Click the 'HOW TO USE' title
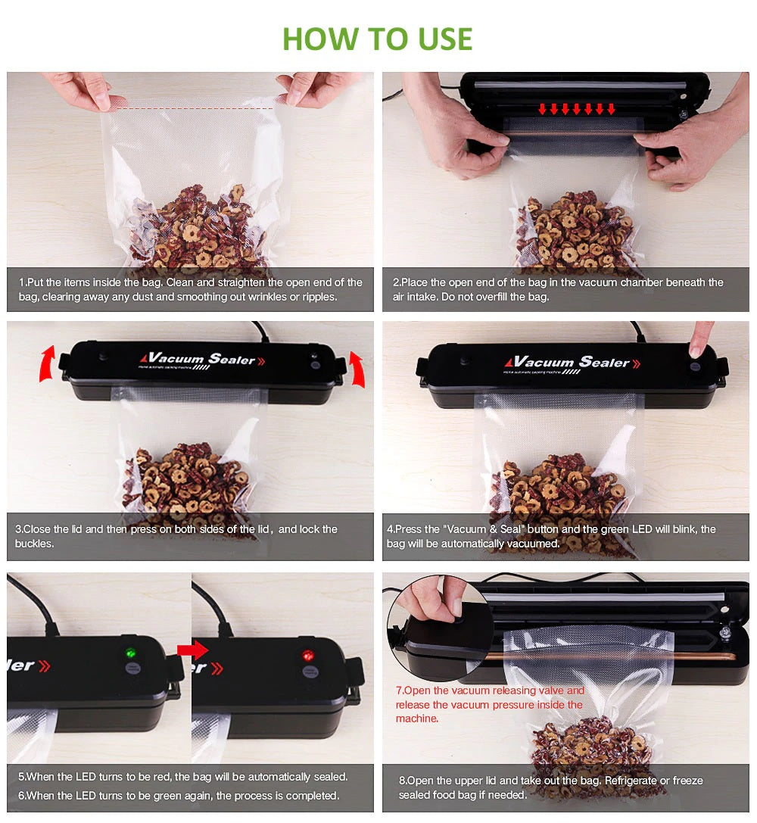pos(377,39)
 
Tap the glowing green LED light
pos(130,653)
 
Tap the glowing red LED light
pos(308,654)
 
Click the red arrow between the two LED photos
pos(192,650)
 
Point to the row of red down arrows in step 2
pos(576,109)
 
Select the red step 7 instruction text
pos(489,704)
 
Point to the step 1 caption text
pos(190,289)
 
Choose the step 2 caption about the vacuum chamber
pos(557,289)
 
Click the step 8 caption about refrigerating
pos(550,787)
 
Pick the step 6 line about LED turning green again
pos(179,796)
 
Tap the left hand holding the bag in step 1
pos(81,90)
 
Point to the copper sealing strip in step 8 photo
pos(606,653)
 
